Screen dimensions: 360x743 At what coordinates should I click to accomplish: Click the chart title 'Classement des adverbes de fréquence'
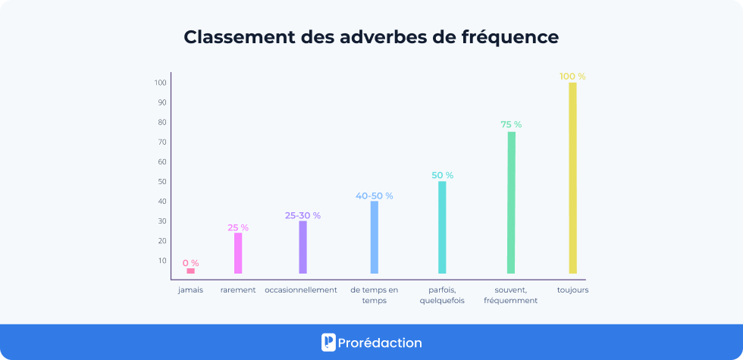click(x=371, y=37)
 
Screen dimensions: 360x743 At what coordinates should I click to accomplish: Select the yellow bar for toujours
click(x=573, y=177)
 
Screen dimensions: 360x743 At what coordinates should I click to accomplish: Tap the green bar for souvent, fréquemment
click(x=511, y=202)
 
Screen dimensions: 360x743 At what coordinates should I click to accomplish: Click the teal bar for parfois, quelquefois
click(x=442, y=227)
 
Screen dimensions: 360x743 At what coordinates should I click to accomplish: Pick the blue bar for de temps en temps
click(x=374, y=237)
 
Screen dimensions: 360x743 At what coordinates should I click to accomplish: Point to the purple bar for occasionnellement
click(x=303, y=247)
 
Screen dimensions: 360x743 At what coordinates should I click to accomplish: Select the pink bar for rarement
click(x=238, y=253)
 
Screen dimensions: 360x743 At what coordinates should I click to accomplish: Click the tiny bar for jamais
click(x=190, y=271)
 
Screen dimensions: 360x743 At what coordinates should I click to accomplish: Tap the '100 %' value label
click(x=572, y=77)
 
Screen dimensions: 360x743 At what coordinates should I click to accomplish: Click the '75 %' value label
click(x=511, y=124)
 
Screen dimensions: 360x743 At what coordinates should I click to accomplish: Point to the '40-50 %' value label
click(x=374, y=196)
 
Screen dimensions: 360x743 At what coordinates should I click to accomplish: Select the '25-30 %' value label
click(x=303, y=215)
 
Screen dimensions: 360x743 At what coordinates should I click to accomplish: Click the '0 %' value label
click(x=190, y=263)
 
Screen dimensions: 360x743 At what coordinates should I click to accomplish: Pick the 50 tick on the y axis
click(x=162, y=182)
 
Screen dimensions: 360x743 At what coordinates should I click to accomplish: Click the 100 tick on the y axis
click(x=161, y=83)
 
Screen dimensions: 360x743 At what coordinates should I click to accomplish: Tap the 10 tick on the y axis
click(x=162, y=261)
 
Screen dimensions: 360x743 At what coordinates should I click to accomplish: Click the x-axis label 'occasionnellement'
click(x=301, y=290)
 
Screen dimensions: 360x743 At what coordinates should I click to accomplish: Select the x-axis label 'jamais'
click(x=190, y=290)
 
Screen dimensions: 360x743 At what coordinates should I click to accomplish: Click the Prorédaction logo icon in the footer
click(x=328, y=343)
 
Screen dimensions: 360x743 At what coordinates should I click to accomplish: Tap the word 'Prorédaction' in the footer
click(x=381, y=343)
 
